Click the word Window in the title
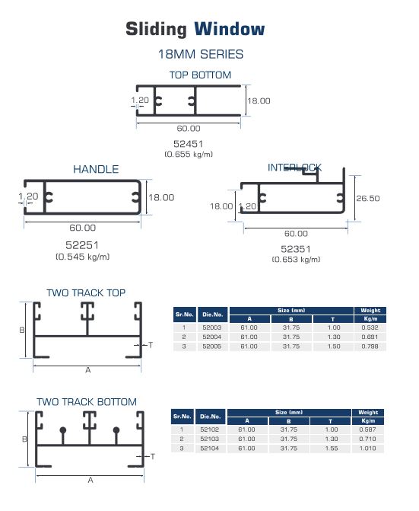(x=230, y=29)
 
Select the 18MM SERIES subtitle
(x=201, y=54)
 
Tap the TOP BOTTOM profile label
(x=200, y=75)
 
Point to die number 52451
(x=188, y=144)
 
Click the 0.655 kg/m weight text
(x=189, y=154)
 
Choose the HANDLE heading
(x=96, y=169)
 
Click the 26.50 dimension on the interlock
(x=367, y=199)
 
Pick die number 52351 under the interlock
(x=295, y=249)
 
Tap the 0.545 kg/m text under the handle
(x=83, y=257)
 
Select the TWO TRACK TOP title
(x=86, y=292)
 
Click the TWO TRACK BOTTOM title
(x=87, y=402)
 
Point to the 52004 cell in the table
(x=211, y=337)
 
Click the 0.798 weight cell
(x=370, y=347)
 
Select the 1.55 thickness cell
(x=332, y=449)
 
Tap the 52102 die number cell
(x=210, y=430)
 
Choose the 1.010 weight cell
(x=367, y=449)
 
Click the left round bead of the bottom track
(x=63, y=430)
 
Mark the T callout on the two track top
(x=151, y=345)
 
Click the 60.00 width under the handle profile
(x=83, y=228)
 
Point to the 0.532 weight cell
(x=370, y=327)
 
